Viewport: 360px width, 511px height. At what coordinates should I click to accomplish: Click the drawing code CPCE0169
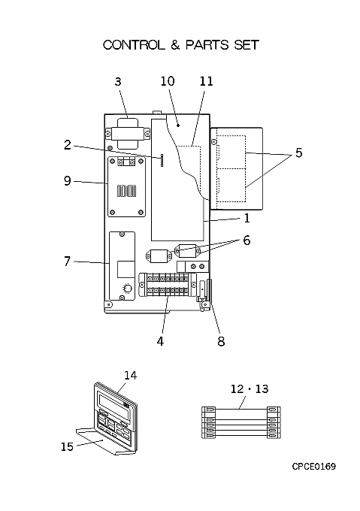(313, 467)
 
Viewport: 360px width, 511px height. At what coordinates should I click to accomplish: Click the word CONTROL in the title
(134, 45)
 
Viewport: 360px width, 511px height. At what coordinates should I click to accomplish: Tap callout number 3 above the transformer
(118, 81)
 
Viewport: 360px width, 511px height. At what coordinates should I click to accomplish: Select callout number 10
(168, 81)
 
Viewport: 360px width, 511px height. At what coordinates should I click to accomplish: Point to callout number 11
(206, 81)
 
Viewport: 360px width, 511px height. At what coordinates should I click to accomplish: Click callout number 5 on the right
(299, 153)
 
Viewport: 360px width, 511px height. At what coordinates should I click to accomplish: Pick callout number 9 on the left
(67, 181)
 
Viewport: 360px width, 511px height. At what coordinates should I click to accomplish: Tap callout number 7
(67, 261)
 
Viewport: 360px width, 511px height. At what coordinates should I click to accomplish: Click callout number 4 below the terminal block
(160, 341)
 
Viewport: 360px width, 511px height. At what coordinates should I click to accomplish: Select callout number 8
(221, 341)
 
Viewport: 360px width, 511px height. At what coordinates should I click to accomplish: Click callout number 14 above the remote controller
(130, 376)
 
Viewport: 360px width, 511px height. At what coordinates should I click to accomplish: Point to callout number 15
(67, 446)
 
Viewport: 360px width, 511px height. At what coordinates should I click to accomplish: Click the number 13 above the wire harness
(262, 389)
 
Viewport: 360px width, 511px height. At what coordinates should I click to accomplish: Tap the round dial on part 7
(127, 288)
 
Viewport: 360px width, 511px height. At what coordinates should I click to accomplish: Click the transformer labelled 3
(127, 133)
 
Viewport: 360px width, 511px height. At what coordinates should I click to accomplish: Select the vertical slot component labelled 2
(162, 161)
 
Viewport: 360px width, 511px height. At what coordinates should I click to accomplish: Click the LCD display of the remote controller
(114, 404)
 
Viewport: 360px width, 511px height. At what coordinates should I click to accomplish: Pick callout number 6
(247, 240)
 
